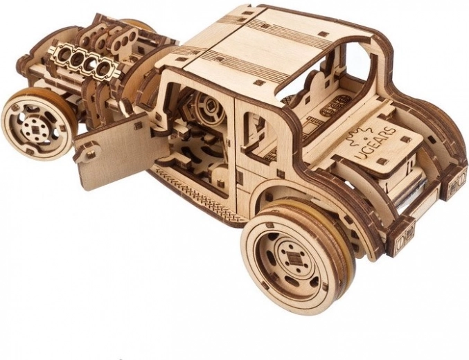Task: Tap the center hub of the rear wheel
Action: (x=292, y=257)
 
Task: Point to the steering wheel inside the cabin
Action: (x=211, y=107)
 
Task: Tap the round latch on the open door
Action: (x=90, y=154)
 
